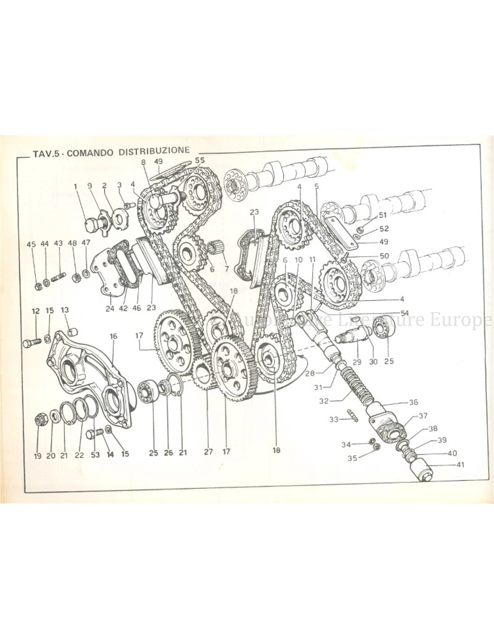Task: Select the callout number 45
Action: pos(31,244)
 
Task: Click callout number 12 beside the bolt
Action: pos(36,311)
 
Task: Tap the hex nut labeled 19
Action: pos(39,421)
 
